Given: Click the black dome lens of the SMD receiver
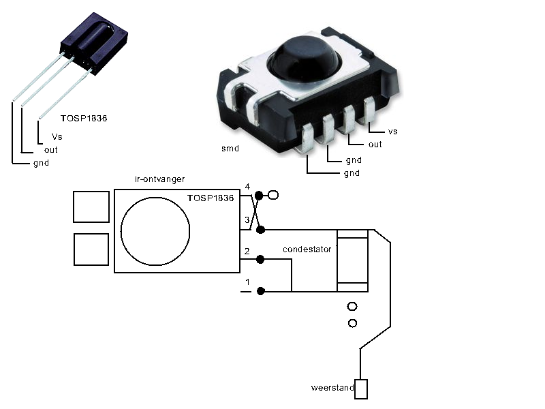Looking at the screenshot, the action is click(304, 60).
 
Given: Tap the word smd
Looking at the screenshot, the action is click(230, 149).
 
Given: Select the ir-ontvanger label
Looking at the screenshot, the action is click(159, 179).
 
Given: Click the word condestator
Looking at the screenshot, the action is click(307, 249).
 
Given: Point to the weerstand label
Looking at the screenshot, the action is click(332, 387).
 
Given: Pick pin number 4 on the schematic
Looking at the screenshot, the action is click(247, 187).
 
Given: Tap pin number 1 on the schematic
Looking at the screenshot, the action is click(247, 282).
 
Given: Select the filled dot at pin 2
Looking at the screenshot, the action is click(260, 260).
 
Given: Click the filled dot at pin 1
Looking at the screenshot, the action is click(261, 291).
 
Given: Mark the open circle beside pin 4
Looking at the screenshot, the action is click(274, 195).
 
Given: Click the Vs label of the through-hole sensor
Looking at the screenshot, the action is click(57, 137).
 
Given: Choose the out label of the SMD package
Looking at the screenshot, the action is click(375, 145).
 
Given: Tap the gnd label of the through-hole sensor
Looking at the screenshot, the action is click(41, 163).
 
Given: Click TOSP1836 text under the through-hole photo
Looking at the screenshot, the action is click(84, 118).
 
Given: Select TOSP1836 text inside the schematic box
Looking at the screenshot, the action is click(211, 198).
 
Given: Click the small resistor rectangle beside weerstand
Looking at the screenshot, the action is click(361, 389).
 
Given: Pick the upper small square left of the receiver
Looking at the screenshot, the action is click(91, 207).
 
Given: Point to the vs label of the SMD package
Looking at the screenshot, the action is click(393, 132).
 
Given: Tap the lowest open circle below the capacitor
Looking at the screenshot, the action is click(352, 323).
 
